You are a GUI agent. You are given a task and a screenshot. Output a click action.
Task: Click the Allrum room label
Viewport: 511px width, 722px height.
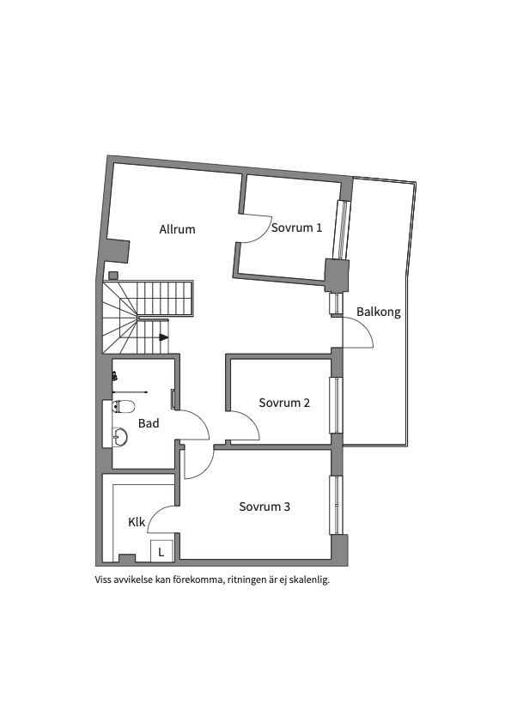177,229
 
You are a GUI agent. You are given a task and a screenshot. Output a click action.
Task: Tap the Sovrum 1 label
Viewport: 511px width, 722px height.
297,228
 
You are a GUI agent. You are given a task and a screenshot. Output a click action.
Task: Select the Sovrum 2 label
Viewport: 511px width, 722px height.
284,403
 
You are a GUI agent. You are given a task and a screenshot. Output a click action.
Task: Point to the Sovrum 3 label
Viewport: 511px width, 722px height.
265,507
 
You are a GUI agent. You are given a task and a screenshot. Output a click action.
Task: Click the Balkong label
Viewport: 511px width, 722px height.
378,312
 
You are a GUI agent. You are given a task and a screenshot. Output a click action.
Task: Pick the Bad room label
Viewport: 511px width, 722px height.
149,423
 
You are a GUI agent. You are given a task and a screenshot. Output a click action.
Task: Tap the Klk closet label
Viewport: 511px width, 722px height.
137,522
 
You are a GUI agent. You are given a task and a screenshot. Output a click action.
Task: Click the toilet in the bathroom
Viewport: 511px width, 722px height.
124,407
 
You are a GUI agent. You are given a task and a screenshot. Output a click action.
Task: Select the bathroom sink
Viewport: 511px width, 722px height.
120,435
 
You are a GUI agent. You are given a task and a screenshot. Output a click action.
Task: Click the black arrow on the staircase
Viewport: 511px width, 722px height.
163,337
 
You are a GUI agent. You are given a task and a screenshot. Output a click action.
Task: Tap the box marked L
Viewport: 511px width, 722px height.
161,551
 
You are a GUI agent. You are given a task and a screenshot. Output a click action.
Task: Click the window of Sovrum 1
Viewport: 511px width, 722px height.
343,230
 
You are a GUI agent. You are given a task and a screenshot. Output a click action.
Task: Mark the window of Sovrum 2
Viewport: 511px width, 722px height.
336,405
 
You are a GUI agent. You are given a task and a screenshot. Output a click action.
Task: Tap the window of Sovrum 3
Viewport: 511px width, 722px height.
336,505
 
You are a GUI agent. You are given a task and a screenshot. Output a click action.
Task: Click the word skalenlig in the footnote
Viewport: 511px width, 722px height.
312,579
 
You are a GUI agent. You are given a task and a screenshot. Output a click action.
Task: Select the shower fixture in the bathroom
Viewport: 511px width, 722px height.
115,376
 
